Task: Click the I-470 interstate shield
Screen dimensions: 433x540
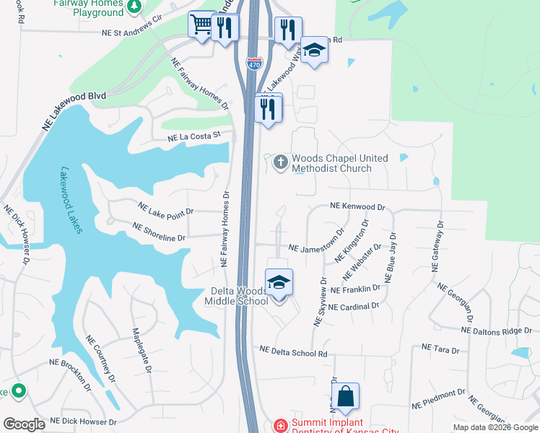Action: pyautogui.click(x=253, y=64)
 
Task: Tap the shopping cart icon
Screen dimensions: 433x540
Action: pyautogui.click(x=201, y=25)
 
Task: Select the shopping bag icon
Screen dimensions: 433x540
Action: pyautogui.click(x=345, y=397)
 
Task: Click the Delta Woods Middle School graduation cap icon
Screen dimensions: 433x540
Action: pyautogui.click(x=279, y=283)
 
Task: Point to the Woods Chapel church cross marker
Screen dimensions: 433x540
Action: pyautogui.click(x=280, y=162)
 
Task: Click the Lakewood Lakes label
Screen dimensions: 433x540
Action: pyautogui.click(x=71, y=201)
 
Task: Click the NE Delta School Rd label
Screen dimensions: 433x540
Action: pyautogui.click(x=294, y=352)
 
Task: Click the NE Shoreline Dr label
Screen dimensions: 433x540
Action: pyautogui.click(x=159, y=231)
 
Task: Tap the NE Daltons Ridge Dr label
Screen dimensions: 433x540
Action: pyautogui.click(x=501, y=331)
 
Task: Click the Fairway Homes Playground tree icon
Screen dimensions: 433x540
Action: pyautogui.click(x=134, y=7)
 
